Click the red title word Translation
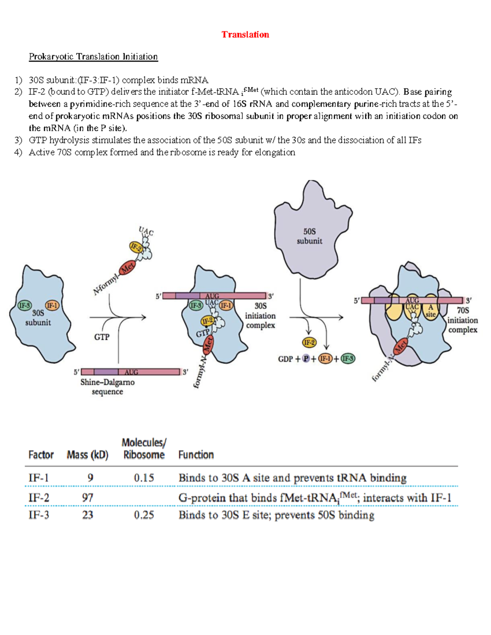click(245, 34)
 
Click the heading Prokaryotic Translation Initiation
click(93, 56)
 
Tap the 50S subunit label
click(309, 236)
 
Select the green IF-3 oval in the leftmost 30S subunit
click(25, 305)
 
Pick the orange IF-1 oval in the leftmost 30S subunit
click(52, 305)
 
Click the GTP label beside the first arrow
click(102, 337)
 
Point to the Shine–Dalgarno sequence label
click(107, 387)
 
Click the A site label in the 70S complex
click(430, 311)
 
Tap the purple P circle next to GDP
click(306, 359)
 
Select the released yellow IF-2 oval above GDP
click(309, 342)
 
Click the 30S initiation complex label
click(260, 316)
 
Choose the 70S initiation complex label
click(462, 320)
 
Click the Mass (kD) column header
click(88, 455)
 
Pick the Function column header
click(196, 455)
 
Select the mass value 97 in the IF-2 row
click(88, 498)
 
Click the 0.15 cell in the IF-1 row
click(144, 478)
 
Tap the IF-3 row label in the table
click(39, 515)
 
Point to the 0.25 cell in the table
click(144, 515)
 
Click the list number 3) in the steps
click(18, 140)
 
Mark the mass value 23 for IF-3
click(88, 515)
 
